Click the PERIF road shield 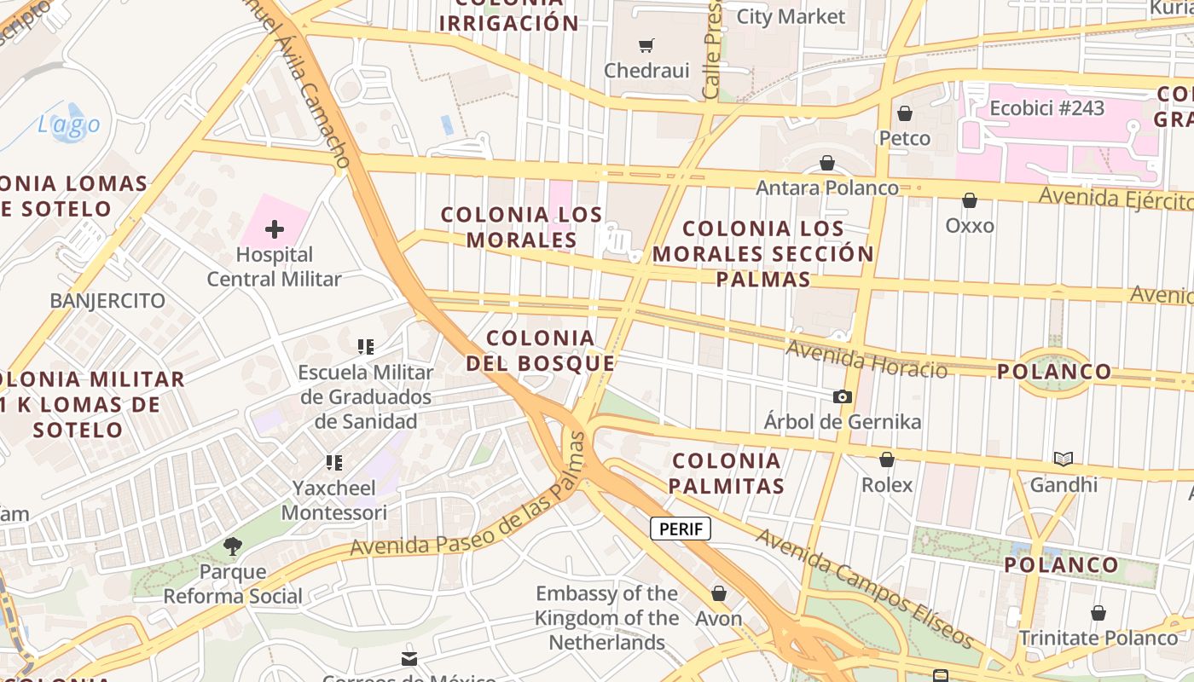(x=681, y=529)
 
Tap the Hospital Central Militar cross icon (x=275, y=229)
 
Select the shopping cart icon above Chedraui (x=646, y=45)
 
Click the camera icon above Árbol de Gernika (x=842, y=396)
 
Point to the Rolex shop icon (x=887, y=459)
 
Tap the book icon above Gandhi (x=1063, y=459)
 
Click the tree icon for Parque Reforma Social (x=232, y=546)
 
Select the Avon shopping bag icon (x=719, y=593)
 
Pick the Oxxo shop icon (x=970, y=200)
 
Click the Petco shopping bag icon (x=905, y=113)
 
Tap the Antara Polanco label (x=826, y=188)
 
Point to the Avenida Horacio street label (x=866, y=359)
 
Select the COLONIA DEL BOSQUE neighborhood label (x=541, y=350)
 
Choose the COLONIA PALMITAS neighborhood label (x=726, y=473)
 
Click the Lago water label (x=68, y=125)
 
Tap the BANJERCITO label (x=107, y=301)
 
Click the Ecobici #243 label (x=1046, y=108)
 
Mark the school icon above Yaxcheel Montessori (x=334, y=463)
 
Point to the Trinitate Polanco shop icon (x=1098, y=613)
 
